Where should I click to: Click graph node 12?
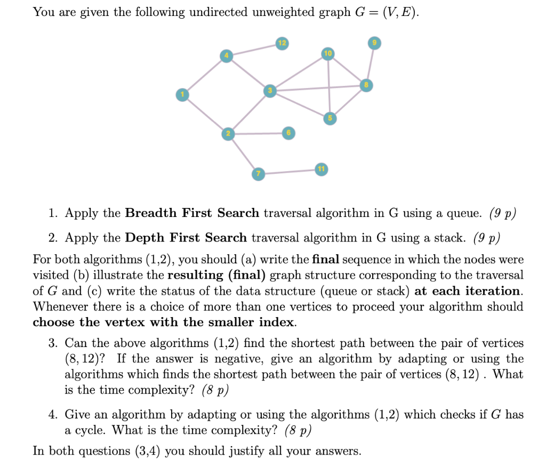tap(282, 43)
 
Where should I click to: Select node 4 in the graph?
tap(226, 56)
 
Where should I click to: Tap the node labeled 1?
tap(182, 95)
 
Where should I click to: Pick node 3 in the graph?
tap(270, 91)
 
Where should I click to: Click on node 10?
tap(328, 54)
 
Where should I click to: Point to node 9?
tap(374, 43)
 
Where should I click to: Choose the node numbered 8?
tap(366, 85)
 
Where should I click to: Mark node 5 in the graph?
tap(330, 118)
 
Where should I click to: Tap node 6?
tap(288, 133)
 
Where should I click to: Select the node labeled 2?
tap(228, 134)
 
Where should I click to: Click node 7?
tap(258, 174)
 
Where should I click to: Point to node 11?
tap(321, 169)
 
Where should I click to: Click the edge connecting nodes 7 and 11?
tap(290, 172)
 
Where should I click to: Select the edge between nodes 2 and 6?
tap(259, 133)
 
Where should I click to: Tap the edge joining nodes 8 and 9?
tap(370, 64)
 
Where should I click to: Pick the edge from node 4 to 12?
tap(254, 50)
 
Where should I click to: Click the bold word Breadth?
tap(151, 213)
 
